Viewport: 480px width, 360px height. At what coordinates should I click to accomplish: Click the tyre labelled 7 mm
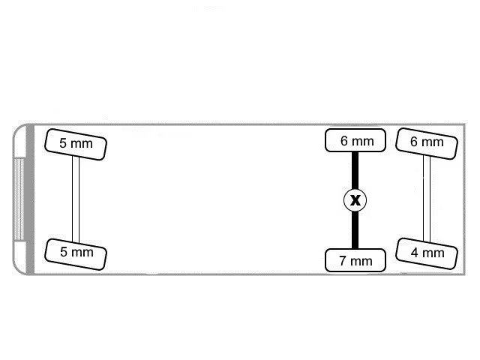click(x=355, y=260)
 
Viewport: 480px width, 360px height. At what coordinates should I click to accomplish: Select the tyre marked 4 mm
click(x=427, y=253)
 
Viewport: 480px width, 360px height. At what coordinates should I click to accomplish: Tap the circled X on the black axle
click(x=355, y=200)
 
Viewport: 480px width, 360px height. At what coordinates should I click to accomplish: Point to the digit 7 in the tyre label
click(x=343, y=261)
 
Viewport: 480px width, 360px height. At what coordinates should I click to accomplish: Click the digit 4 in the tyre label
click(x=415, y=253)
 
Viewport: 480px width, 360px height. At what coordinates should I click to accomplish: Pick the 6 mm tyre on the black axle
click(x=355, y=140)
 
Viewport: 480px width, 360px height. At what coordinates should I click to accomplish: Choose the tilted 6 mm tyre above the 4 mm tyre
click(x=427, y=143)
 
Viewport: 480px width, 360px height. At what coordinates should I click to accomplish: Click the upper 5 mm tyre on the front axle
click(x=76, y=144)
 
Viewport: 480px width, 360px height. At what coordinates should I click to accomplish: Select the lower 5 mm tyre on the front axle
click(x=76, y=254)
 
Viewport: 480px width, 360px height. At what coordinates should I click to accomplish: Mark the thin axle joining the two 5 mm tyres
click(x=76, y=199)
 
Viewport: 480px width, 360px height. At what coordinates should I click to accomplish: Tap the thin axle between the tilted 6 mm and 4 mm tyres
click(x=427, y=198)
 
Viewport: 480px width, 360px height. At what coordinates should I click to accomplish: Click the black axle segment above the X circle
click(x=355, y=170)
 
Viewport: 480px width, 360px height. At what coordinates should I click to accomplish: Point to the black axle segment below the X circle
click(x=355, y=230)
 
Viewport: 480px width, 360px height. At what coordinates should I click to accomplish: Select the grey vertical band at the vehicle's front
click(x=30, y=199)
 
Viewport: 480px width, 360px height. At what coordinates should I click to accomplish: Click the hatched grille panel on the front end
click(x=19, y=199)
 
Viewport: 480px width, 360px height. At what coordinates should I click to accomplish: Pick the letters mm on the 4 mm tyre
click(x=433, y=253)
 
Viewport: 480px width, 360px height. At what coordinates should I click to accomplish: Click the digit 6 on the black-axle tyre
click(x=344, y=141)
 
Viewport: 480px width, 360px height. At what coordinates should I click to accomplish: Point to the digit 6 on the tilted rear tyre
click(x=414, y=142)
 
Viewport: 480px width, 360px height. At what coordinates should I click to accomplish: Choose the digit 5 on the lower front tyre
click(x=64, y=252)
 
